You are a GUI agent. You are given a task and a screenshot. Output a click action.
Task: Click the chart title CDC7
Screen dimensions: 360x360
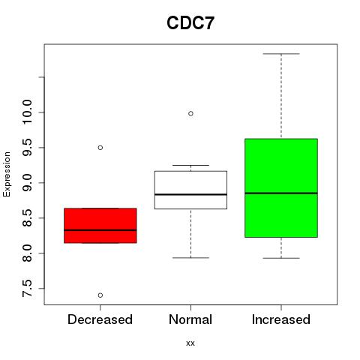click(190, 23)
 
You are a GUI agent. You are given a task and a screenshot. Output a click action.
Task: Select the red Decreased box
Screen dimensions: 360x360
click(100, 226)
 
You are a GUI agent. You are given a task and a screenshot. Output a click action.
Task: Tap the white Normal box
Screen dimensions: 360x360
click(190, 190)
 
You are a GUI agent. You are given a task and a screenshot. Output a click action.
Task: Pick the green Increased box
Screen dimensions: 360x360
click(281, 188)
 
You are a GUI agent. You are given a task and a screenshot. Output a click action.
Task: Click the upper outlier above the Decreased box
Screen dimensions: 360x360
click(100, 148)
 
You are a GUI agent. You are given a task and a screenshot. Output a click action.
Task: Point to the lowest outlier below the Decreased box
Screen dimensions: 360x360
click(100, 295)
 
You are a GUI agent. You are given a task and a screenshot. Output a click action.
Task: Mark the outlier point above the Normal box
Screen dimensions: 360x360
click(190, 114)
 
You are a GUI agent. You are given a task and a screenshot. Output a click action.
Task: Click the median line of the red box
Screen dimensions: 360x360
click(100, 230)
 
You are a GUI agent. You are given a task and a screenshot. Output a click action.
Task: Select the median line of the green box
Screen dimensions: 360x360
click(281, 193)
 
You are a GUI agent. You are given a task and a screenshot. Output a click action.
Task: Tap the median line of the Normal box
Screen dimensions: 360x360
click(190, 194)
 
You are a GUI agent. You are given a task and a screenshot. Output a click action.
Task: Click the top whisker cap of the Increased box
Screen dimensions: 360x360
click(281, 54)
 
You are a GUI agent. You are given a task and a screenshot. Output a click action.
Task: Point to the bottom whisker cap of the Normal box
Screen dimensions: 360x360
click(190, 258)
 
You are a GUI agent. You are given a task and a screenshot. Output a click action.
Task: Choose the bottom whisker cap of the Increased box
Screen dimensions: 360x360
click(281, 258)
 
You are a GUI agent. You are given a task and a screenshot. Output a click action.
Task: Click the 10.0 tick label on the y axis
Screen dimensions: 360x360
click(27, 112)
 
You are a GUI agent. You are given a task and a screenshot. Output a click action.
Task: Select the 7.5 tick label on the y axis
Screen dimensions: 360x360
click(27, 289)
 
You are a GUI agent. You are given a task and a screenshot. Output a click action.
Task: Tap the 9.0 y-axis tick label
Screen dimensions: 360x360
click(27, 183)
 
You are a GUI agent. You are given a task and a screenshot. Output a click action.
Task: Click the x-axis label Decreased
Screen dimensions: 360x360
click(100, 319)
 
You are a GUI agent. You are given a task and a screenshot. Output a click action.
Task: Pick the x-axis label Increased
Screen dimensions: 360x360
click(281, 319)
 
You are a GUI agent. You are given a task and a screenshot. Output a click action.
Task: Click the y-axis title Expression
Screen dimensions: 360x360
click(7, 174)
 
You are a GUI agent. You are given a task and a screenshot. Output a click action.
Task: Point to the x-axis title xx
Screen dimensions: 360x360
click(190, 343)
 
